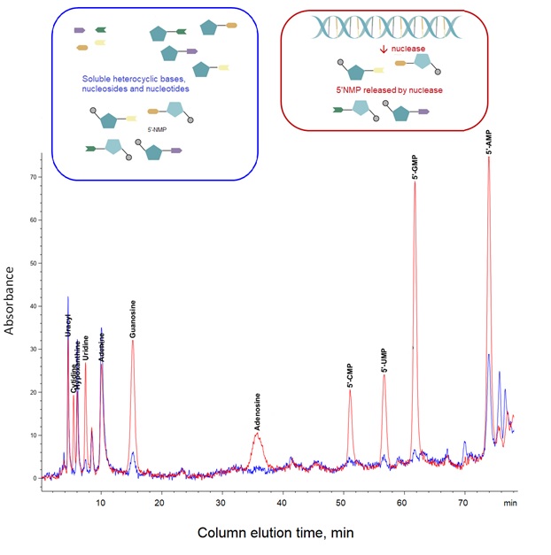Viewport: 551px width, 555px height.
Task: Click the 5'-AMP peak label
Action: click(x=489, y=143)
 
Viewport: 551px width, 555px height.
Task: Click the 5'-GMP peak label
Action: click(x=415, y=166)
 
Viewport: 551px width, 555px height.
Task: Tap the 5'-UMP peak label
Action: click(x=384, y=360)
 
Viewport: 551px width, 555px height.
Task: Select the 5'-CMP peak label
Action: click(x=350, y=376)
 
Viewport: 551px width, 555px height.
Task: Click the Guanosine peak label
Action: click(x=133, y=320)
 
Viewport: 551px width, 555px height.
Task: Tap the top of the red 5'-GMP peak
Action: click(x=415, y=182)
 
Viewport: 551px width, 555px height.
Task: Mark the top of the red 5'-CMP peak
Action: click(x=350, y=390)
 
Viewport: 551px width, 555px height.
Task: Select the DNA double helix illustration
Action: click(x=386, y=29)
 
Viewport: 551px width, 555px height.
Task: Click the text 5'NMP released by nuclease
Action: click(x=387, y=90)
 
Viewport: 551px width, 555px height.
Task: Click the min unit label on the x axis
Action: click(x=509, y=503)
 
